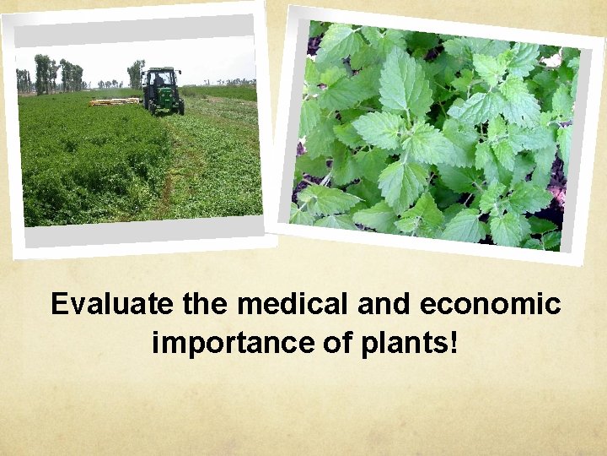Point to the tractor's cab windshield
(160, 80)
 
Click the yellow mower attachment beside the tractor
(114, 102)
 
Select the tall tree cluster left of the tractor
(42, 73)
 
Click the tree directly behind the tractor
(136, 73)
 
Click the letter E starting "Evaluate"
(59, 304)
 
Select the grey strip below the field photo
(143, 231)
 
